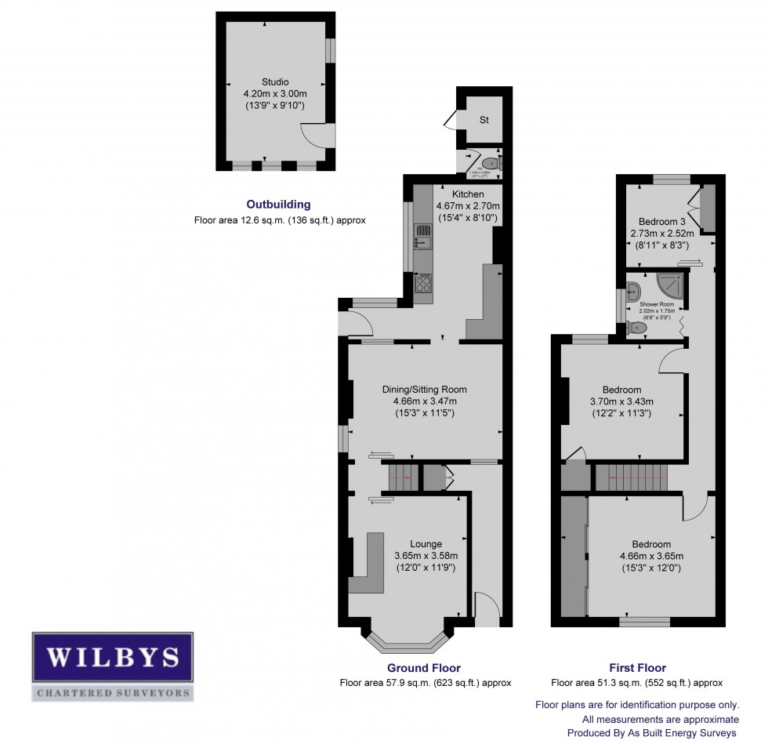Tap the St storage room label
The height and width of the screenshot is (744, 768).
click(484, 120)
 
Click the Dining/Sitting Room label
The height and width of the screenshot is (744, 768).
click(424, 389)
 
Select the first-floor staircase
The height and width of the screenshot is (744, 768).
click(630, 477)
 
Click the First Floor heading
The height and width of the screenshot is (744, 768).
click(636, 668)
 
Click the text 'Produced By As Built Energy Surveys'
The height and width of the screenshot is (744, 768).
click(653, 733)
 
